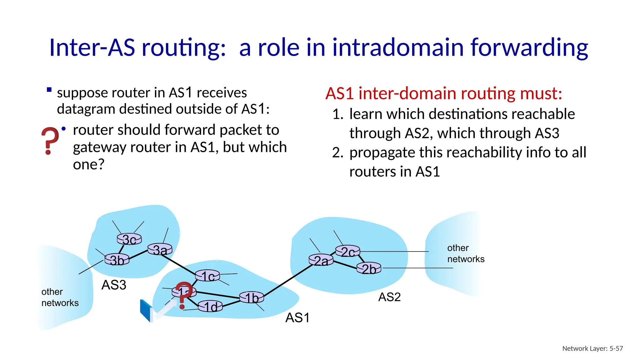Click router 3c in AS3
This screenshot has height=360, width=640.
coord(129,239)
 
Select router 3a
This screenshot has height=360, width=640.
coord(160,249)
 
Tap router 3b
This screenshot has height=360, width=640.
coord(117,260)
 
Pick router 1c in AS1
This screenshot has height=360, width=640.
coord(207,276)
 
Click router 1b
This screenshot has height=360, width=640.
coord(251,297)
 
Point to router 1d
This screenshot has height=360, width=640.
coord(210,306)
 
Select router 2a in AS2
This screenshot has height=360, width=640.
coord(321,260)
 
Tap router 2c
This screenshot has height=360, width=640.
coord(347,251)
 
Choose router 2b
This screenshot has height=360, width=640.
coord(369,268)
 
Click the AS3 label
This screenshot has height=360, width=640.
coord(114,285)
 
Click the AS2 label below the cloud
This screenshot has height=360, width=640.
coord(389,297)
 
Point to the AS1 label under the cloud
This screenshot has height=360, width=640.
coord(297,318)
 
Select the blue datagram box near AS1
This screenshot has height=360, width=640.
coord(146,311)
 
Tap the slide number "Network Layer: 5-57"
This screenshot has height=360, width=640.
coord(592,348)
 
